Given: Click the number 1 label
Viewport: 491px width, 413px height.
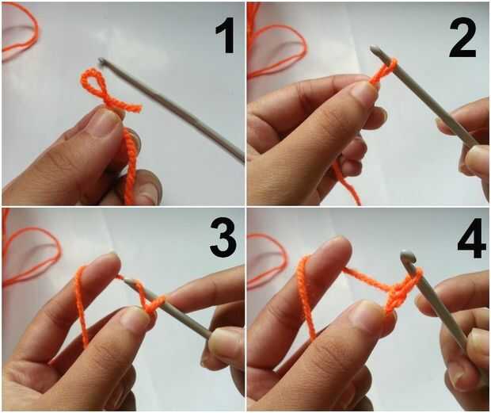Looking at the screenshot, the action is [225, 35].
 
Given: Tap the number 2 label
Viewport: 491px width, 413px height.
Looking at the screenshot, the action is [462, 40].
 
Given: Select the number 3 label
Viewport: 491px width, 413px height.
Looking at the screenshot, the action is [223, 237].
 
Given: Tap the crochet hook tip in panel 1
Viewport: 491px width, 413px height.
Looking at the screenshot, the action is [101, 60].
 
